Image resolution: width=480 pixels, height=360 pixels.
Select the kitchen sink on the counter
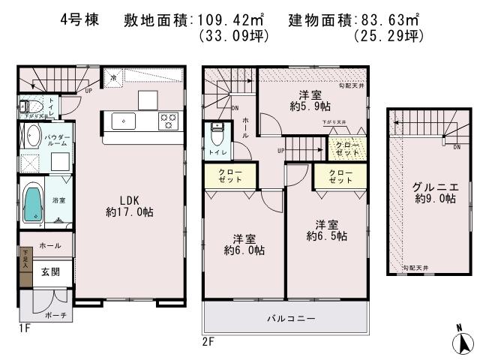point(123,120)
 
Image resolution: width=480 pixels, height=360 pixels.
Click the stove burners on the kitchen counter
point(167,119)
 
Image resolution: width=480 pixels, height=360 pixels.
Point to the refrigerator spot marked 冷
point(113,77)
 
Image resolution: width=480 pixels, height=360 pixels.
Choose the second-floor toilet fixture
point(217,136)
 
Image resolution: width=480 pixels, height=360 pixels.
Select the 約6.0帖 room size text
point(244,250)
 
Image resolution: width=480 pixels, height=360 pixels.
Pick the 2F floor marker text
point(208,341)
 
